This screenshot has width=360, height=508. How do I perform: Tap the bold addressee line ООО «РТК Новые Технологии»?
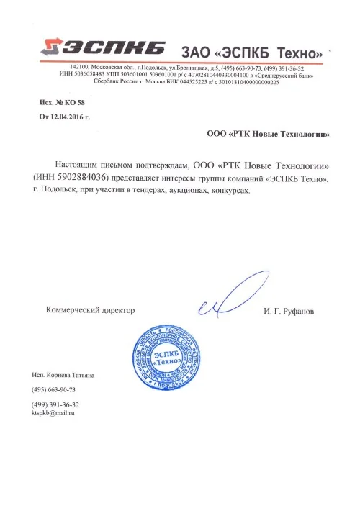tap(268, 133)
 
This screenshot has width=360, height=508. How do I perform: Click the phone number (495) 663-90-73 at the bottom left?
tap(54, 389)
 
